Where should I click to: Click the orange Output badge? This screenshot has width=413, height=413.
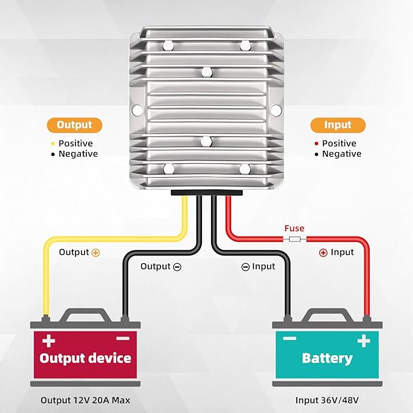coord(74,125)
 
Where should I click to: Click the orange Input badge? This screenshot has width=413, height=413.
coord(338,125)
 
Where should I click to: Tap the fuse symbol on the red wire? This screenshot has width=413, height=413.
coord(294,239)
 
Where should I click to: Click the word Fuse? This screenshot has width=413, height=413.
coord(294,228)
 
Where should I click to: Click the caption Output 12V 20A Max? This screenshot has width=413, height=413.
coord(85,400)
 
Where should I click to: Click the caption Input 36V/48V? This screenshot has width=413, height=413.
coord(327,400)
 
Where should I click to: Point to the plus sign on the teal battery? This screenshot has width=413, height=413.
coord(364,341)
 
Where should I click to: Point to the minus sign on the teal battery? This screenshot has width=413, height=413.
coord(290,339)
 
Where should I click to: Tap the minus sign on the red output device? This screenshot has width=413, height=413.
coord(122,338)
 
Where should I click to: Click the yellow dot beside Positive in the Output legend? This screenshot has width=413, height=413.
coord(53,144)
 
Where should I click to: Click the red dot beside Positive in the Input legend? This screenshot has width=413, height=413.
coord(316,144)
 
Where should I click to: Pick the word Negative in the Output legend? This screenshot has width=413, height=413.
coord(78,154)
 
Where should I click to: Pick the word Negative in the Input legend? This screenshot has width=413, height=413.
coord(341,154)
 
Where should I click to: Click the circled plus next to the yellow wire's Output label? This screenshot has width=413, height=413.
coord(95,252)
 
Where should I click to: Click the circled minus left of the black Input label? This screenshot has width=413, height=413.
coord(246,266)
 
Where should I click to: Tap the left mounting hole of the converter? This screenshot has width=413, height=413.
coord(137,110)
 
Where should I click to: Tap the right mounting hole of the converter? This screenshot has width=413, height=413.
coord(276,110)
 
